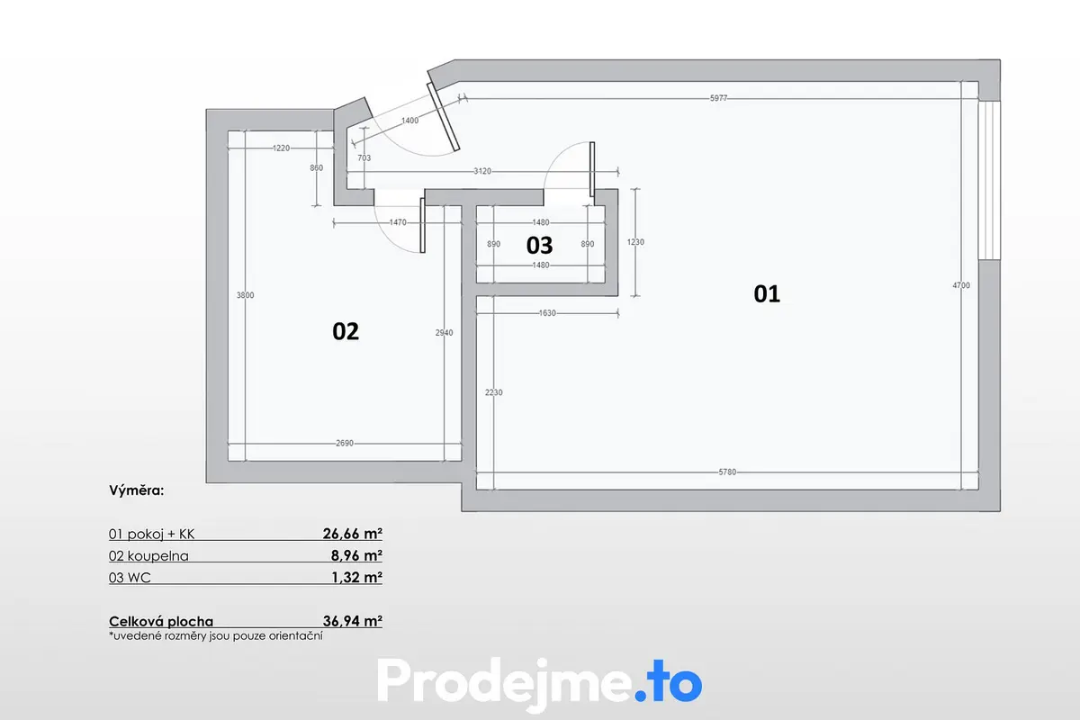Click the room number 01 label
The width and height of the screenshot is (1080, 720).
767,293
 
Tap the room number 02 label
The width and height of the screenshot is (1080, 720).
346,331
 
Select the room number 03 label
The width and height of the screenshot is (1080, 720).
539,246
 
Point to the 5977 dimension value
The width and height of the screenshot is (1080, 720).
718,98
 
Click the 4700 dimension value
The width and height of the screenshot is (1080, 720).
961,285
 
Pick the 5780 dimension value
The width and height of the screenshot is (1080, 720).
727,472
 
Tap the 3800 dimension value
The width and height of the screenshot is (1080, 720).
245,295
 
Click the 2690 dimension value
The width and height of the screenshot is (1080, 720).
345,443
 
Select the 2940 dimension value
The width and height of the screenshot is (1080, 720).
444,333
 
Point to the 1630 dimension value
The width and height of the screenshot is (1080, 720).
547,313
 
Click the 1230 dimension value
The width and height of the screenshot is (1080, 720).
635,242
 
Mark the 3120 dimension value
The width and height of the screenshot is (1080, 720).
482,171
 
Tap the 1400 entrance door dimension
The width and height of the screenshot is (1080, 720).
409,121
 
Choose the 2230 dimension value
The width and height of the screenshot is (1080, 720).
494,392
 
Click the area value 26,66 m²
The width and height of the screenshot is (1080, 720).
353,534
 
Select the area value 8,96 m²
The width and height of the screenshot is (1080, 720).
356,555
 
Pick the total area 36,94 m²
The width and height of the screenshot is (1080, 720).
353,621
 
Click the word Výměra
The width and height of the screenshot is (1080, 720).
137,490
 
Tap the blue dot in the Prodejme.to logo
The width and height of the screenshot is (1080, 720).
640,695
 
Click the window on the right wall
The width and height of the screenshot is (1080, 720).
989,180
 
